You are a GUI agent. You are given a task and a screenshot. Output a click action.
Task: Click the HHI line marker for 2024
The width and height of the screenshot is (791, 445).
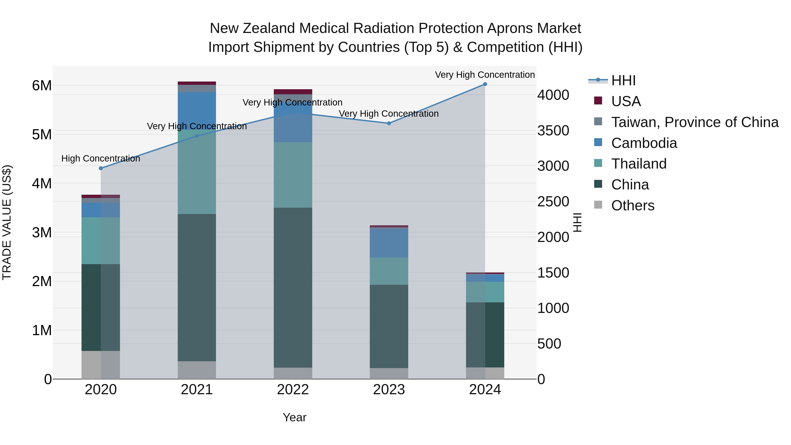pyautogui.click(x=485, y=84)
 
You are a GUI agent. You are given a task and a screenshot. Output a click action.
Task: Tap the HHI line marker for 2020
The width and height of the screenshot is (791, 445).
pyautogui.click(x=101, y=168)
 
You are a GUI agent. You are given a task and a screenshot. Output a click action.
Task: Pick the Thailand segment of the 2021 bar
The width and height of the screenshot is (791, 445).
pyautogui.click(x=197, y=172)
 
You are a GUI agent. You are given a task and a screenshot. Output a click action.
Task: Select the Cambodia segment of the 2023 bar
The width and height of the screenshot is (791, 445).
pyautogui.click(x=389, y=243)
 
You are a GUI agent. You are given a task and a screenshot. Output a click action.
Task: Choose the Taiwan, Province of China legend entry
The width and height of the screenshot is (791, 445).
pyautogui.click(x=695, y=122)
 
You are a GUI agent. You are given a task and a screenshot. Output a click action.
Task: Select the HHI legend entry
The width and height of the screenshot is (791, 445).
pyautogui.click(x=623, y=80)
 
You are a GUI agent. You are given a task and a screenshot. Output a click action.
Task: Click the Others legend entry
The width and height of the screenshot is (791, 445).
pyautogui.click(x=633, y=205)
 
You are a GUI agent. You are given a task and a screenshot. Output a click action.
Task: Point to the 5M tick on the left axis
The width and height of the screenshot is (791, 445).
pyautogui.click(x=42, y=134)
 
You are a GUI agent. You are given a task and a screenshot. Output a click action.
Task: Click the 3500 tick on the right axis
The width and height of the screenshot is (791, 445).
pyautogui.click(x=553, y=131)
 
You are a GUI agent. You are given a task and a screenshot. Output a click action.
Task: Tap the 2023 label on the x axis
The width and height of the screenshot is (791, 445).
pyautogui.click(x=389, y=390)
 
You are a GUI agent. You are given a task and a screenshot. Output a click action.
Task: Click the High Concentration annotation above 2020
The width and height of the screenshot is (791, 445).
pyautogui.click(x=101, y=158)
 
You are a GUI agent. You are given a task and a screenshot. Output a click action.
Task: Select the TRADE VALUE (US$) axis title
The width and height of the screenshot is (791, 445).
pyautogui.click(x=7, y=222)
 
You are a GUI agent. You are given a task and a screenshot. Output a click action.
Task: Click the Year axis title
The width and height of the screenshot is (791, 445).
pyautogui.click(x=294, y=417)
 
